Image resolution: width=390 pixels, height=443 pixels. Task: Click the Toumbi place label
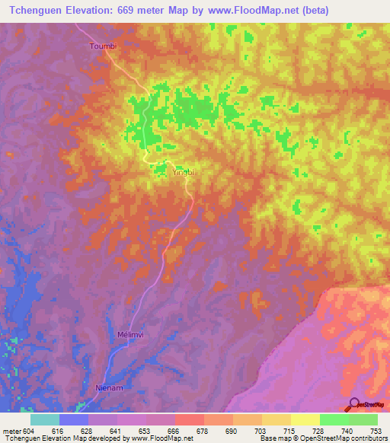pyautogui.click(x=104, y=46)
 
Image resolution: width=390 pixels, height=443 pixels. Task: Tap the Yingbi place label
pyautogui.click(x=184, y=172)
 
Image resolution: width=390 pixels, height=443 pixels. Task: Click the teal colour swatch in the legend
pyautogui.click(x=45, y=419)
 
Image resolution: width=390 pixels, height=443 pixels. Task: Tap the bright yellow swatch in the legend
pyautogui.click(x=305, y=419)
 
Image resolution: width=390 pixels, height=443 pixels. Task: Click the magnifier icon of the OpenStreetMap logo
pyautogui.click(x=353, y=403)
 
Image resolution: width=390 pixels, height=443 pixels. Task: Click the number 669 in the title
pyautogui.click(x=127, y=11)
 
